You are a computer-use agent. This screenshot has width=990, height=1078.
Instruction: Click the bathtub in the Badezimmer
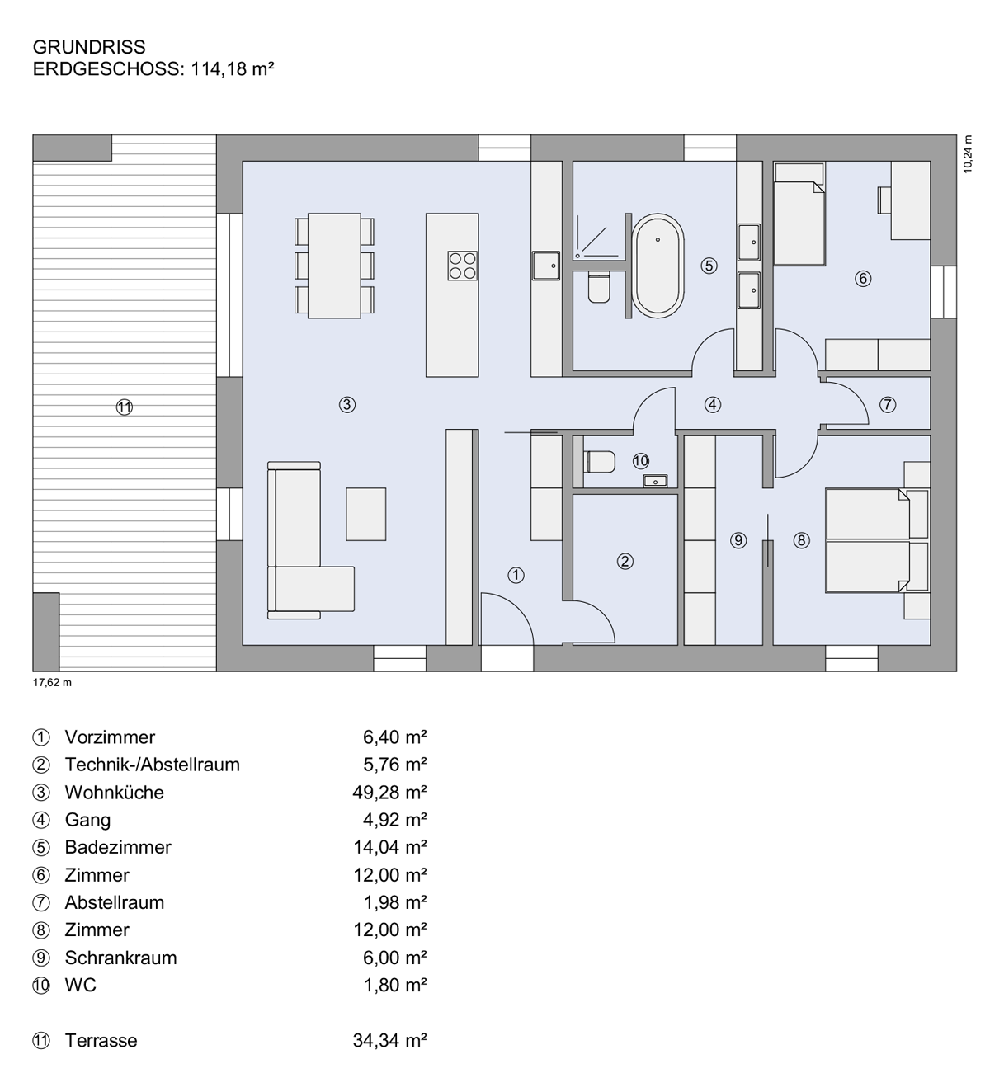click(x=658, y=265)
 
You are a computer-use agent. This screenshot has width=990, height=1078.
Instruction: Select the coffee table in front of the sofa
click(x=365, y=514)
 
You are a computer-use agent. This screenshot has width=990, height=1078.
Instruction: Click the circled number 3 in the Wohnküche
click(x=347, y=404)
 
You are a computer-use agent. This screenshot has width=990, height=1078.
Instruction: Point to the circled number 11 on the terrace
click(x=125, y=406)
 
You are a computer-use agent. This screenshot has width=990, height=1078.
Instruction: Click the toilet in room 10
click(x=600, y=462)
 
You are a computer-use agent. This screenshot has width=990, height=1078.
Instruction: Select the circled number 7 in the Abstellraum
click(x=887, y=404)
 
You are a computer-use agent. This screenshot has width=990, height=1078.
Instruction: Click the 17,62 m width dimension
click(x=52, y=682)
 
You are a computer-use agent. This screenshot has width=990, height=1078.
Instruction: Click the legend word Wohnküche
click(x=114, y=793)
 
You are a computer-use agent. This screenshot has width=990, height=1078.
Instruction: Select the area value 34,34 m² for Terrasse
click(x=389, y=1040)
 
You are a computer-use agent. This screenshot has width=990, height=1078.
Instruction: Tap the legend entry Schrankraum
click(x=120, y=958)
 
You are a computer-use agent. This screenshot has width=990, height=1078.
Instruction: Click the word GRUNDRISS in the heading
click(x=89, y=48)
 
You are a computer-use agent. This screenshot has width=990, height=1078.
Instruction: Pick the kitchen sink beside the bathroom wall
click(x=545, y=265)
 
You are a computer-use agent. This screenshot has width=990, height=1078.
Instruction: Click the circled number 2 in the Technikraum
click(x=625, y=562)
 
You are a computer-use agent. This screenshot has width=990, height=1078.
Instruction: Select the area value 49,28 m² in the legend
click(x=389, y=793)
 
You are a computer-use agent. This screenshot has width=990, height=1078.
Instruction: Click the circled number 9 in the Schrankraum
click(x=738, y=540)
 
